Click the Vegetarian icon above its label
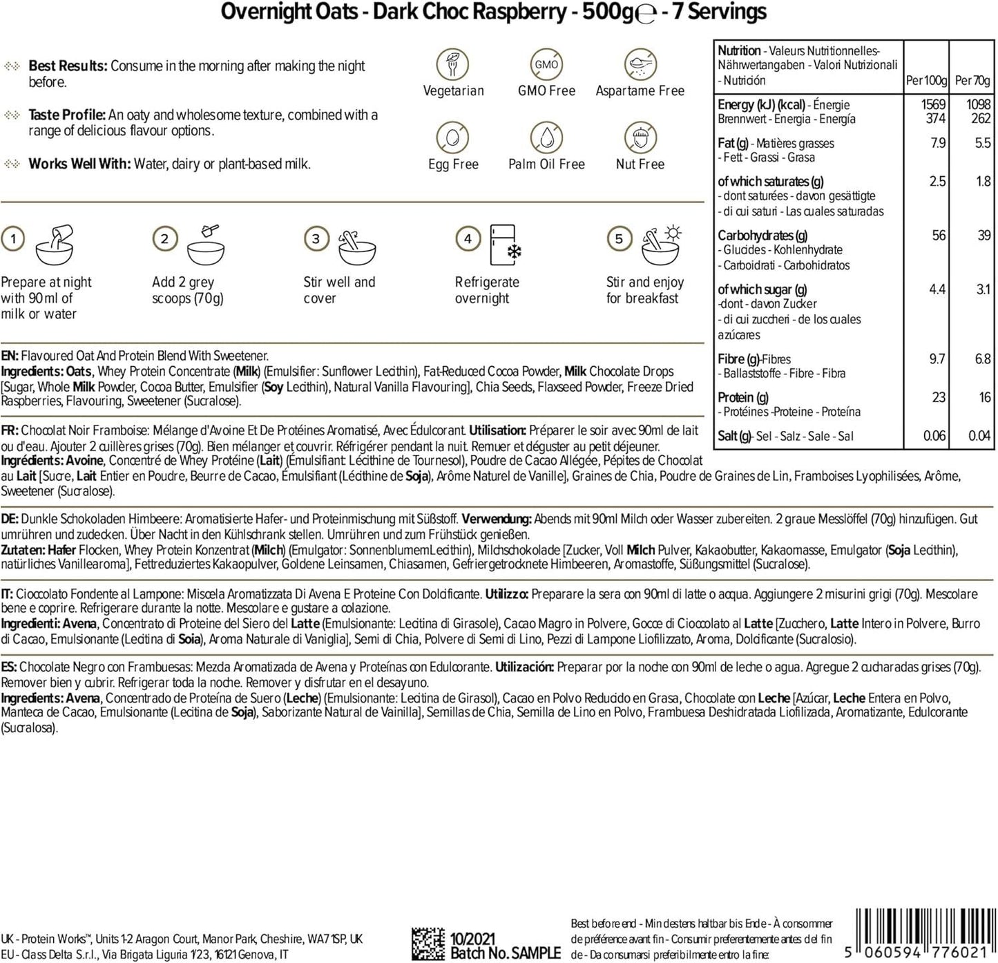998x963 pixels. [x=453, y=65]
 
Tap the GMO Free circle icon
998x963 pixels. [x=546, y=65]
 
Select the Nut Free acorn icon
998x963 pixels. [x=640, y=138]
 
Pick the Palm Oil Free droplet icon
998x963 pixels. [x=546, y=138]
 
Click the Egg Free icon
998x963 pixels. [x=453, y=138]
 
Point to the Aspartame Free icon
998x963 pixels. [x=640, y=65]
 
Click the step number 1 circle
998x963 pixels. [x=13, y=239]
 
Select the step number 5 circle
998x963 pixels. [x=619, y=239]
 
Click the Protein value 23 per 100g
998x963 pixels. [x=938, y=397]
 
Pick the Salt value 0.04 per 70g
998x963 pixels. [x=979, y=436]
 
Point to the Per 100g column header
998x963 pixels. [x=926, y=81]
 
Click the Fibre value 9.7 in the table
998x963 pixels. [x=937, y=359]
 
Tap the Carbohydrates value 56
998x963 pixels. [x=939, y=236]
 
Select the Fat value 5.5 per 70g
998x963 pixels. [x=982, y=143]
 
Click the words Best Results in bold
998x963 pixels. [x=68, y=66]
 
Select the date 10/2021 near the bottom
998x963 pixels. [x=473, y=939]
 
